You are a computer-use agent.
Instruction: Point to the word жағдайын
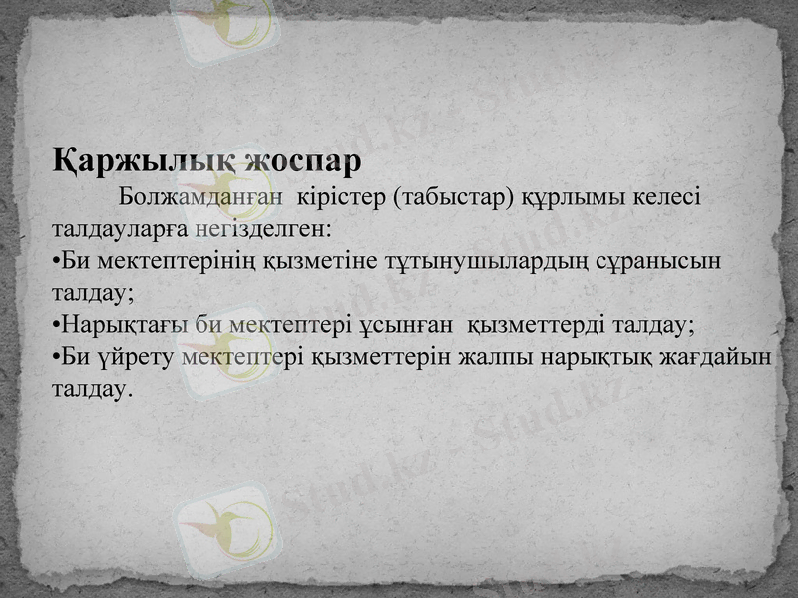(x=717, y=357)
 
